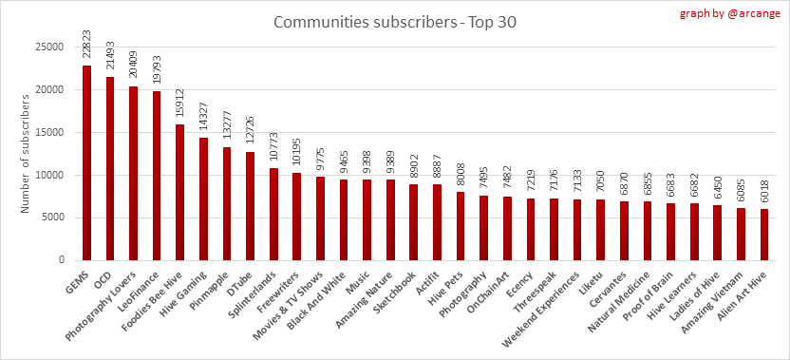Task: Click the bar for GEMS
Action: (86, 162)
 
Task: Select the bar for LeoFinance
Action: (157, 176)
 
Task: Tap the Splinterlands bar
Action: (273, 215)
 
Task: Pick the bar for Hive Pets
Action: (460, 226)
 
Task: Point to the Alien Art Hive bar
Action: (763, 235)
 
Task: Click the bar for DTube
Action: (250, 206)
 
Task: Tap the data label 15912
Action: (179, 105)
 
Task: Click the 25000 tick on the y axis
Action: (51, 47)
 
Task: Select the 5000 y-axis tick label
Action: (54, 218)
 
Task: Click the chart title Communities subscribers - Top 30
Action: (394, 23)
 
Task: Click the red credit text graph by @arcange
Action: (730, 13)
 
